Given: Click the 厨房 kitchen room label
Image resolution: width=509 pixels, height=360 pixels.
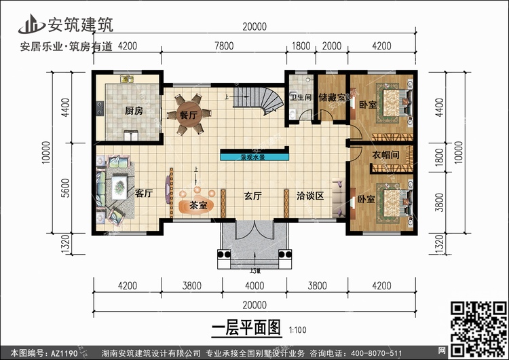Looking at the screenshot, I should pyautogui.click(x=133, y=110).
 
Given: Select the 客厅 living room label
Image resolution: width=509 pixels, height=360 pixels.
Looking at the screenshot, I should pyautogui.click(x=143, y=194).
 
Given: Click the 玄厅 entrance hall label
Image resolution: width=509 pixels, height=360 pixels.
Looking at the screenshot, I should pyautogui.click(x=253, y=196).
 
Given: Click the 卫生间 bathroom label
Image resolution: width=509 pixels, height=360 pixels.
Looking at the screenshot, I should pyautogui.click(x=301, y=97).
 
